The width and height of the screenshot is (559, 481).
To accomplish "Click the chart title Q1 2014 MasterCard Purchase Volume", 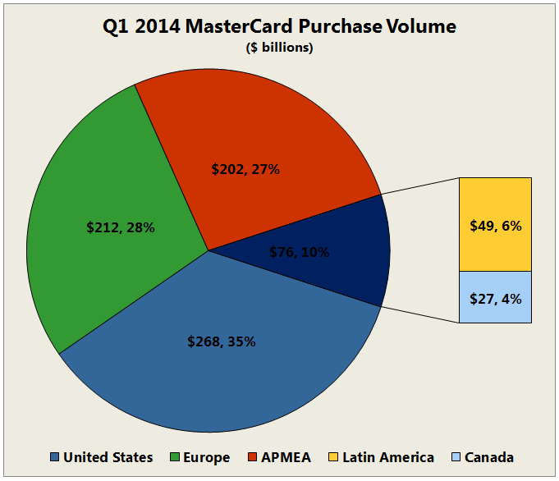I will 279,27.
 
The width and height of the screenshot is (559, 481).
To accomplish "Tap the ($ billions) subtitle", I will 279,48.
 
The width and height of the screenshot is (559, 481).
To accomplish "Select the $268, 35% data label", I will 221,341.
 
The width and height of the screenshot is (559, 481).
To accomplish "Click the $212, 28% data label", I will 121,227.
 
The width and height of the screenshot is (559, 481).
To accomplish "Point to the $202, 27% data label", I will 245,170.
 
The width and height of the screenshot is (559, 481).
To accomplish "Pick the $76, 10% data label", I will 299,252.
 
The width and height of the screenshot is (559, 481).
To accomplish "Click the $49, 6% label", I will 495,225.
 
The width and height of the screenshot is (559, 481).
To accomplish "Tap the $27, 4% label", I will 495,300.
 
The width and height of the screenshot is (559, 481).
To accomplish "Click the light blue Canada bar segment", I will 495,313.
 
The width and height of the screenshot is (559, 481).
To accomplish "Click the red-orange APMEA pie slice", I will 271,123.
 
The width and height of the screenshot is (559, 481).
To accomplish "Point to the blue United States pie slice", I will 230,386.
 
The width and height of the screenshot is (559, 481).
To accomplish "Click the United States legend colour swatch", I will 55,457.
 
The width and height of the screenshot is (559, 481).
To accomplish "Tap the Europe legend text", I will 205,457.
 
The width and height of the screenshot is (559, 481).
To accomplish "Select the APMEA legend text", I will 285,457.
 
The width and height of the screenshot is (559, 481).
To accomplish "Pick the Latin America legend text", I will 387,457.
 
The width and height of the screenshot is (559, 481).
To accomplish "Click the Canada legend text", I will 489,457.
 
